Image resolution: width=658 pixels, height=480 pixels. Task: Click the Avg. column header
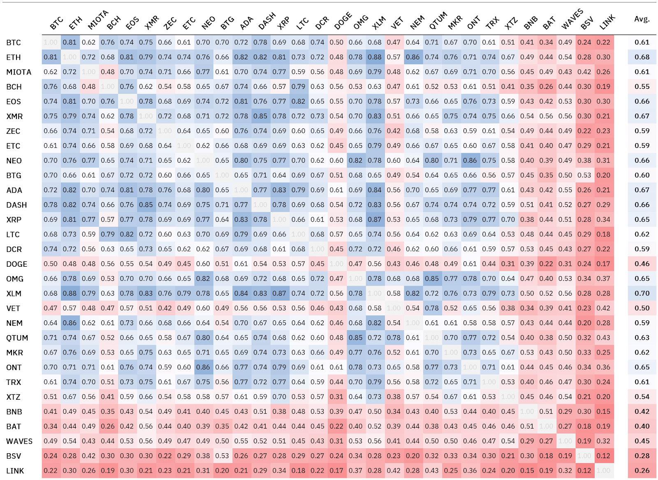pos(642,19)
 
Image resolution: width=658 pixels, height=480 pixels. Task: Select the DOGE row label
pos(17,264)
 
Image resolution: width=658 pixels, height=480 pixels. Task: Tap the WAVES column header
pos(572,20)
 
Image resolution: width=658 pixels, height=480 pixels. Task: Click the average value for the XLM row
pos(642,294)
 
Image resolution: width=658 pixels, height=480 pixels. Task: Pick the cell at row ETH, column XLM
pos(375,57)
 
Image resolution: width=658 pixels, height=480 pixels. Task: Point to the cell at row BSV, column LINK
pos(603,456)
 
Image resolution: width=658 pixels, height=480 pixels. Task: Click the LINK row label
pos(15,471)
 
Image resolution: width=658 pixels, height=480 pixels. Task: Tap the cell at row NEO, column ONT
pos(470,161)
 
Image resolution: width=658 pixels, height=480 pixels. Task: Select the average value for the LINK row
pos(642,471)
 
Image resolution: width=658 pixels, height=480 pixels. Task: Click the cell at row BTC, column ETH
pos(70,42)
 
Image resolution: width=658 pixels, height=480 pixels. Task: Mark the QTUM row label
pos(17,338)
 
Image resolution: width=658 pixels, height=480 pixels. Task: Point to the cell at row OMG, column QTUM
pos(432,279)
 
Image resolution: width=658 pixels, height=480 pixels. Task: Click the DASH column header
pos(267,21)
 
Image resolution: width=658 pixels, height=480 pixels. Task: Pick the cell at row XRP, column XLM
pos(375,219)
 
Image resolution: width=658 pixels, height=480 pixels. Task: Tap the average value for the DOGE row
pos(642,264)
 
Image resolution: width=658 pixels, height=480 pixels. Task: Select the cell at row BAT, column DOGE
pos(336,426)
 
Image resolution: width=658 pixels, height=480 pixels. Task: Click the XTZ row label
pos(14,397)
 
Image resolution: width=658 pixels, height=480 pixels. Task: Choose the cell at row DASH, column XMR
pos(146,205)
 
